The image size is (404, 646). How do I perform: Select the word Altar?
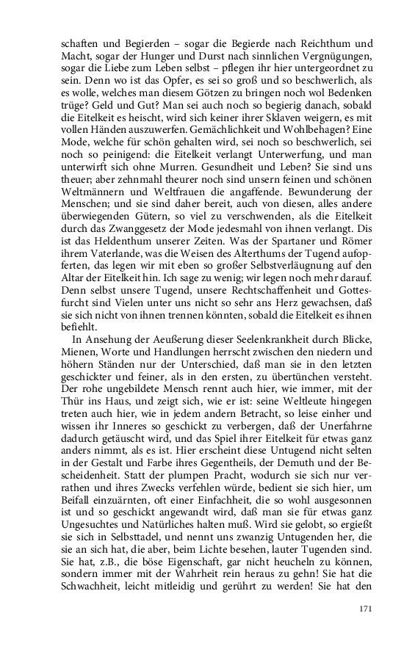[x=75, y=294]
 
